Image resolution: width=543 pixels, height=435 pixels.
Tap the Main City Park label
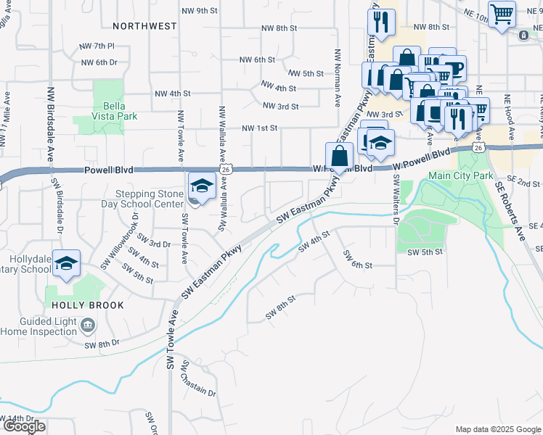click(x=460, y=175)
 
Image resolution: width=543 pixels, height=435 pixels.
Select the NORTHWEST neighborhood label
click(x=144, y=26)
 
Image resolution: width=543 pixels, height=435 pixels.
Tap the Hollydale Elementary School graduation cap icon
click(x=67, y=264)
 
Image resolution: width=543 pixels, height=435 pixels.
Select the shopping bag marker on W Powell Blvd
click(x=340, y=154)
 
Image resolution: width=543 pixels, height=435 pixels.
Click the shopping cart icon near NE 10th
click(x=502, y=13)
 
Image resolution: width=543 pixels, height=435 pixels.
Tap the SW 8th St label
click(x=281, y=307)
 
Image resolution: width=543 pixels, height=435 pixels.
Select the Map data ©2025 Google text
click(x=497, y=429)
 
